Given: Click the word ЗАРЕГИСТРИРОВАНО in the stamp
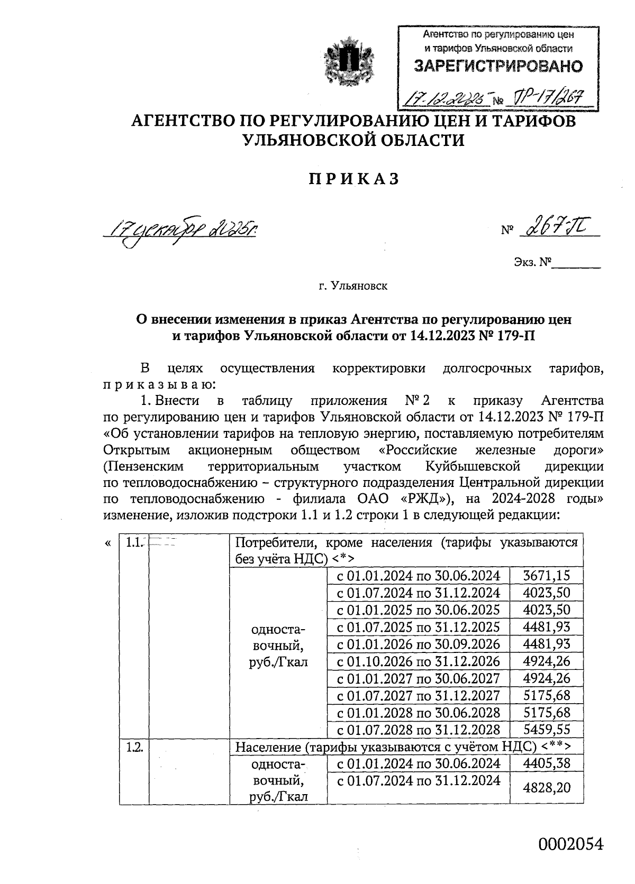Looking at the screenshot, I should point(497,67).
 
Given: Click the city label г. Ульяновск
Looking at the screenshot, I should point(353,287).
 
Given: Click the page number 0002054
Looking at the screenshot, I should point(570,844).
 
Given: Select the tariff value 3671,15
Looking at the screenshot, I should point(546,575).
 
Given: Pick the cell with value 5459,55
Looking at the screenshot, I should point(546,730).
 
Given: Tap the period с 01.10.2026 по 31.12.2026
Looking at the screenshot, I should point(418,661).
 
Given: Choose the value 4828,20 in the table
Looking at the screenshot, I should point(546,788).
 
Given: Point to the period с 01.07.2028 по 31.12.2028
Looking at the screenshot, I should point(418,730).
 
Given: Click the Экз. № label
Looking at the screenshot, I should point(532,262).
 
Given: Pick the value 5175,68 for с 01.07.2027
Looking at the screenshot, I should point(546,695).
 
